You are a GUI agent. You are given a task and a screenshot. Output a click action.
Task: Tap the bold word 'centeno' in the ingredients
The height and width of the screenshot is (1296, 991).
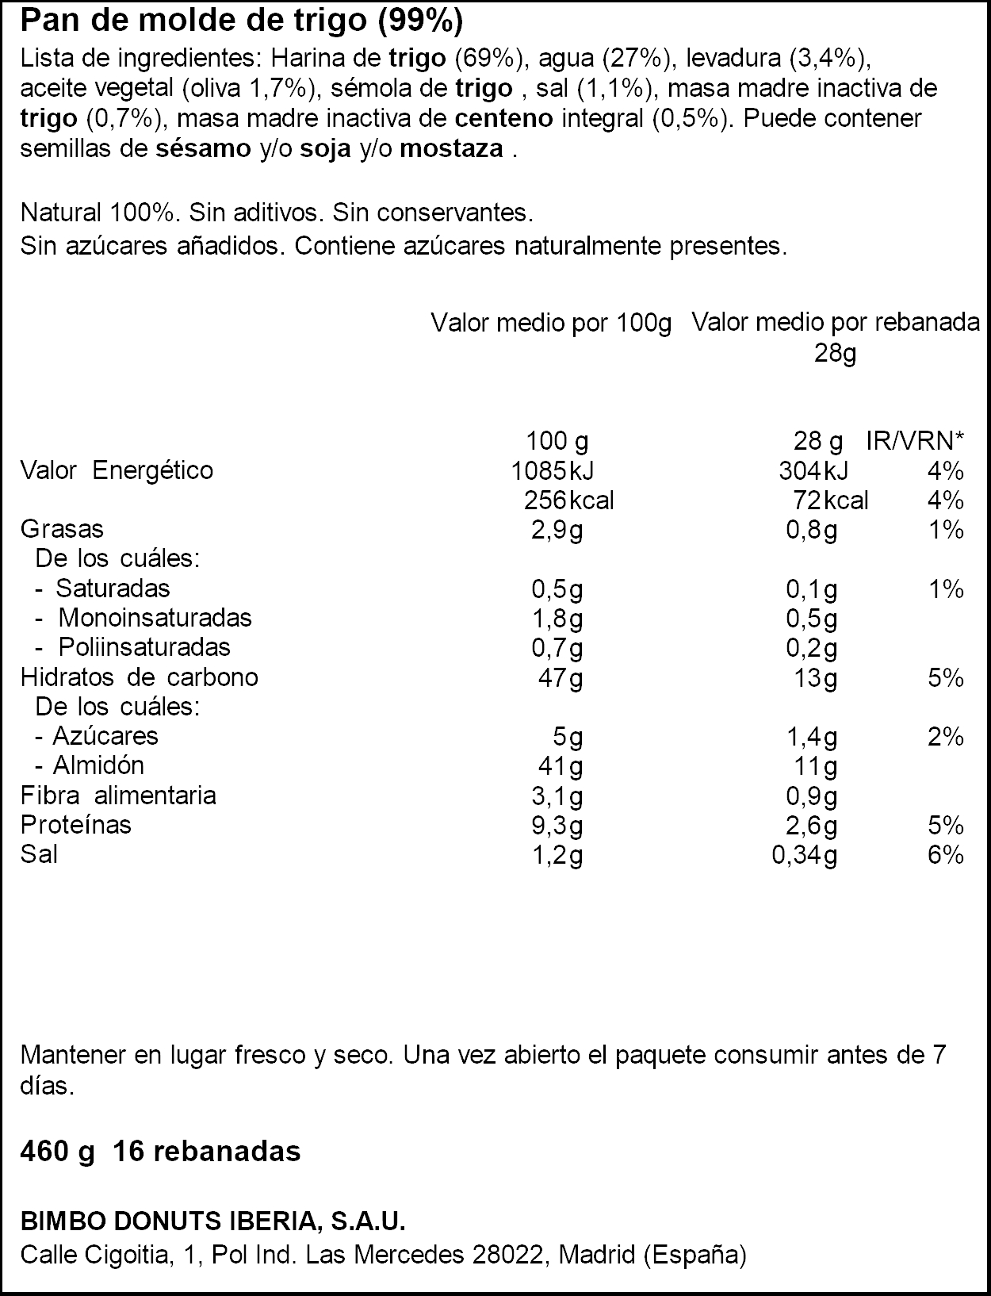(504, 119)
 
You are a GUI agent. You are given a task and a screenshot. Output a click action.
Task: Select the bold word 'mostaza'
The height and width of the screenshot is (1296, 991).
(452, 150)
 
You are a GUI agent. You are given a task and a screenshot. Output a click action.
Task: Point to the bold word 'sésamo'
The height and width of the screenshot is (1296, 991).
(204, 149)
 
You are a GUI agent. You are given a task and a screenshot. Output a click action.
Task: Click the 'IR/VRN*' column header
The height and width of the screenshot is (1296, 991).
(915, 441)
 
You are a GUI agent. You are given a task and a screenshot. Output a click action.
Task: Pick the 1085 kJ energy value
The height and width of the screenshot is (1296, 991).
(553, 471)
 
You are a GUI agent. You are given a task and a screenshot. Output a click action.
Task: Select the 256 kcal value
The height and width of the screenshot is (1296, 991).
(569, 500)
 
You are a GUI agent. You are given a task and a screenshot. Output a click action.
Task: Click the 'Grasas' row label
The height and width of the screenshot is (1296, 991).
(62, 530)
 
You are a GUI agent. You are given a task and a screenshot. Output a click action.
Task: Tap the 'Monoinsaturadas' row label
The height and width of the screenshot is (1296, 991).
(155, 618)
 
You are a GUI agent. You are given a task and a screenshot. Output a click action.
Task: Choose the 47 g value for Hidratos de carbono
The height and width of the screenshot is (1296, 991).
(561, 678)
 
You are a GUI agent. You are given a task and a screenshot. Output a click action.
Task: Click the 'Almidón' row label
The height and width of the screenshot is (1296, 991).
(98, 766)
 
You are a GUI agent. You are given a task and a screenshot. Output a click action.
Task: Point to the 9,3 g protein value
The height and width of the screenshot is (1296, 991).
(557, 826)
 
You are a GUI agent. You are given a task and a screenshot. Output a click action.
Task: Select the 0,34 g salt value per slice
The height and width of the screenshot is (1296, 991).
(805, 855)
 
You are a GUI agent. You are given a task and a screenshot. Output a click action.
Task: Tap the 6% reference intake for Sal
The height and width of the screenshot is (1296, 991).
(946, 855)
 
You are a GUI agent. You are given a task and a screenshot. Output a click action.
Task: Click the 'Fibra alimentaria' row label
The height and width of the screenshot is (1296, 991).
(118, 796)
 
